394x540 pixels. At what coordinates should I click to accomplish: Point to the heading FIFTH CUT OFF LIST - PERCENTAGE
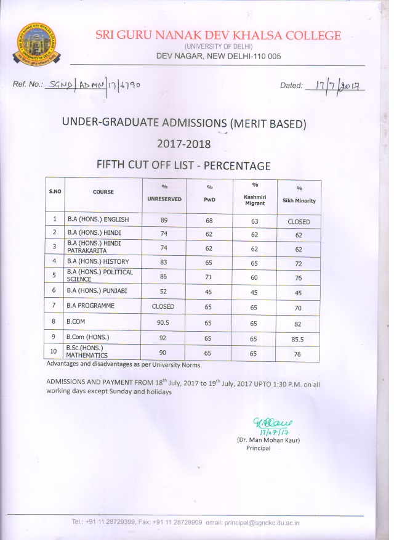click(x=183, y=165)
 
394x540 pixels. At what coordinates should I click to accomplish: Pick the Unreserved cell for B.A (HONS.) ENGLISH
click(x=164, y=220)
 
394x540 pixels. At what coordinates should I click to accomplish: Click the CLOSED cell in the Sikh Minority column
click(x=299, y=221)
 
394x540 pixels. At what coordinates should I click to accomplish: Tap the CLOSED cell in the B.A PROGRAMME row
click(x=164, y=306)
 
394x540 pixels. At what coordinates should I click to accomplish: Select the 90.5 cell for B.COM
click(x=164, y=321)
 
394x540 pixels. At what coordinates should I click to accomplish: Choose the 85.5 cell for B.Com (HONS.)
click(x=299, y=338)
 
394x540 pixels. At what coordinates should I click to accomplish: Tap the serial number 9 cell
click(x=55, y=337)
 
